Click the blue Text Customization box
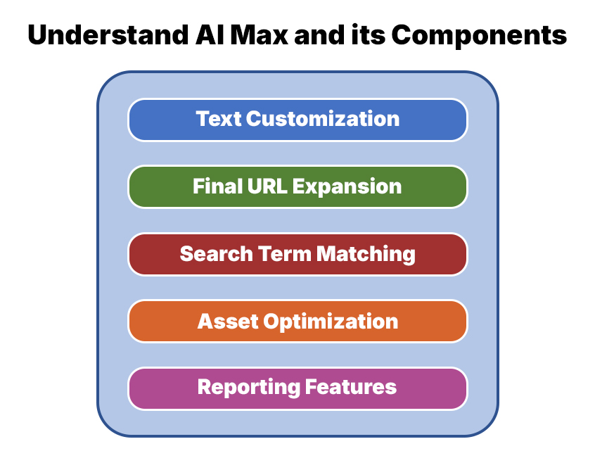click(x=297, y=119)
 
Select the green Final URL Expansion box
click(x=297, y=186)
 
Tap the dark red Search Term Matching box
click(x=297, y=254)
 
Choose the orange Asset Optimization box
click(x=297, y=322)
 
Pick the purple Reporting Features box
click(x=297, y=388)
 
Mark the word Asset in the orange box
click(x=228, y=322)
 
